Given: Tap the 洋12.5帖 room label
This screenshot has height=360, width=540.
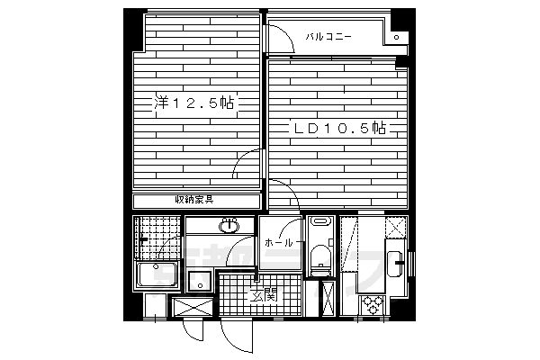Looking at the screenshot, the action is click(x=193, y=103).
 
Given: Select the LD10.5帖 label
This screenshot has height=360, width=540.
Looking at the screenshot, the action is click(x=338, y=130).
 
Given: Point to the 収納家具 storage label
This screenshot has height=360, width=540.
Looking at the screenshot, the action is click(x=193, y=200).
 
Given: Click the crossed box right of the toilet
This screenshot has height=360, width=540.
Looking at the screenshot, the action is click(x=329, y=298).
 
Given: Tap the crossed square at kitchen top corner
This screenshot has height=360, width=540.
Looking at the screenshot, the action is click(x=396, y=227).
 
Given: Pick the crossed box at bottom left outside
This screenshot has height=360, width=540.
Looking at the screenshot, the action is click(x=190, y=309).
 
